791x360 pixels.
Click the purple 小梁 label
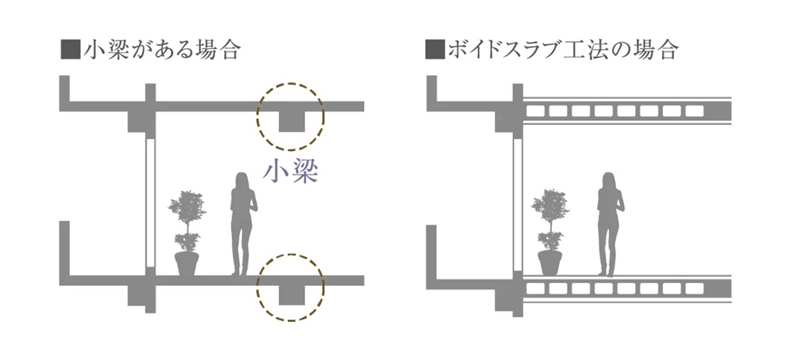(290, 172)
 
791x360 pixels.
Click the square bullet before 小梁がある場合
(68, 51)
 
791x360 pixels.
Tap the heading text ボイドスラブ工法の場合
(562, 51)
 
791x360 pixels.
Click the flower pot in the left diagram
(187, 263)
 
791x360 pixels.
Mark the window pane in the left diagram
(149, 207)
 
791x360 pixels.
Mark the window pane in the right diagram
(519, 207)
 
